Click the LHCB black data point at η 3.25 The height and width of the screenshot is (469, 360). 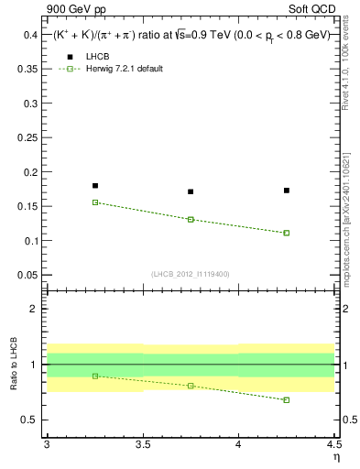click(x=95, y=186)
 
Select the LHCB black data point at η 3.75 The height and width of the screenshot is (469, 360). click(x=191, y=191)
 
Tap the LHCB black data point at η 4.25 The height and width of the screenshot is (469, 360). click(x=287, y=191)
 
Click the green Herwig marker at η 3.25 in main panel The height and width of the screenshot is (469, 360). click(x=95, y=202)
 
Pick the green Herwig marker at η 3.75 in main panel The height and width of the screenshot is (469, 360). click(x=191, y=220)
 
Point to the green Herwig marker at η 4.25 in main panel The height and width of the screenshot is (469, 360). click(x=287, y=233)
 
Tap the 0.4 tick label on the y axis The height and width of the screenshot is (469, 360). click(x=30, y=35)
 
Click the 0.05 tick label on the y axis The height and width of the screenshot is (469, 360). click(x=27, y=275)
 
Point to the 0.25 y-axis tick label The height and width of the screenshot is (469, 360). click(x=27, y=137)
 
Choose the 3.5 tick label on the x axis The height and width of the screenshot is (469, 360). click(x=142, y=444)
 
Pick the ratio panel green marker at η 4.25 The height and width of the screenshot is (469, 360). click(x=287, y=399)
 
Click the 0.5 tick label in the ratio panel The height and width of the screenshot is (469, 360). click(x=30, y=420)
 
